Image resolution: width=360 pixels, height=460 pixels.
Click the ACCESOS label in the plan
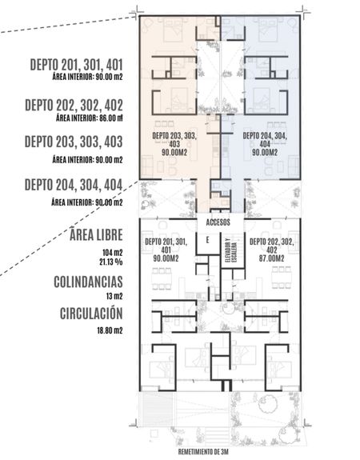point(218,222)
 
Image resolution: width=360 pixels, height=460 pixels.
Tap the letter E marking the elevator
point(207,240)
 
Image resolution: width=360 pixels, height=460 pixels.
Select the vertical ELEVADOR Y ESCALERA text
point(230,250)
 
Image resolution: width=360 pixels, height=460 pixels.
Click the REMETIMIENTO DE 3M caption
point(203,451)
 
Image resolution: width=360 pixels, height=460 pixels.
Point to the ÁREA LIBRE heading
point(96,234)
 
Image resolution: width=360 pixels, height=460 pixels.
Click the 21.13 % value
point(111,262)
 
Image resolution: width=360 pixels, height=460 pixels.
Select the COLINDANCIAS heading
point(88,282)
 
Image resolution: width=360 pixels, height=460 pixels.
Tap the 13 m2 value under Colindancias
point(114,296)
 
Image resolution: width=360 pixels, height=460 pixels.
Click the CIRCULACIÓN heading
point(91,314)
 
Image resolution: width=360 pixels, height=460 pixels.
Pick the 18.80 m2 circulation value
point(110,330)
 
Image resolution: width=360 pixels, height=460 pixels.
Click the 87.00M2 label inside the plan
point(271,258)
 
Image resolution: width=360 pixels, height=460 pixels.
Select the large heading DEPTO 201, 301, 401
point(76,65)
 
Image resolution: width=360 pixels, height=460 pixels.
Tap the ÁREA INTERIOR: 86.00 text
point(89,118)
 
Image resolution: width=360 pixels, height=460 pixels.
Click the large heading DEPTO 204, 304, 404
point(74,185)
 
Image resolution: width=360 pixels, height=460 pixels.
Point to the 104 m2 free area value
point(112,253)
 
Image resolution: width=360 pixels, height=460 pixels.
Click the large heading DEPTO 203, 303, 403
point(74,142)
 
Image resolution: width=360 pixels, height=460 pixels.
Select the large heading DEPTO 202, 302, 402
point(74,105)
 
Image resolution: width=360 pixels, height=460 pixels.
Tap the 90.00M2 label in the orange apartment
point(174,152)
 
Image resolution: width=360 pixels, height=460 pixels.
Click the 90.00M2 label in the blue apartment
point(265,152)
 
